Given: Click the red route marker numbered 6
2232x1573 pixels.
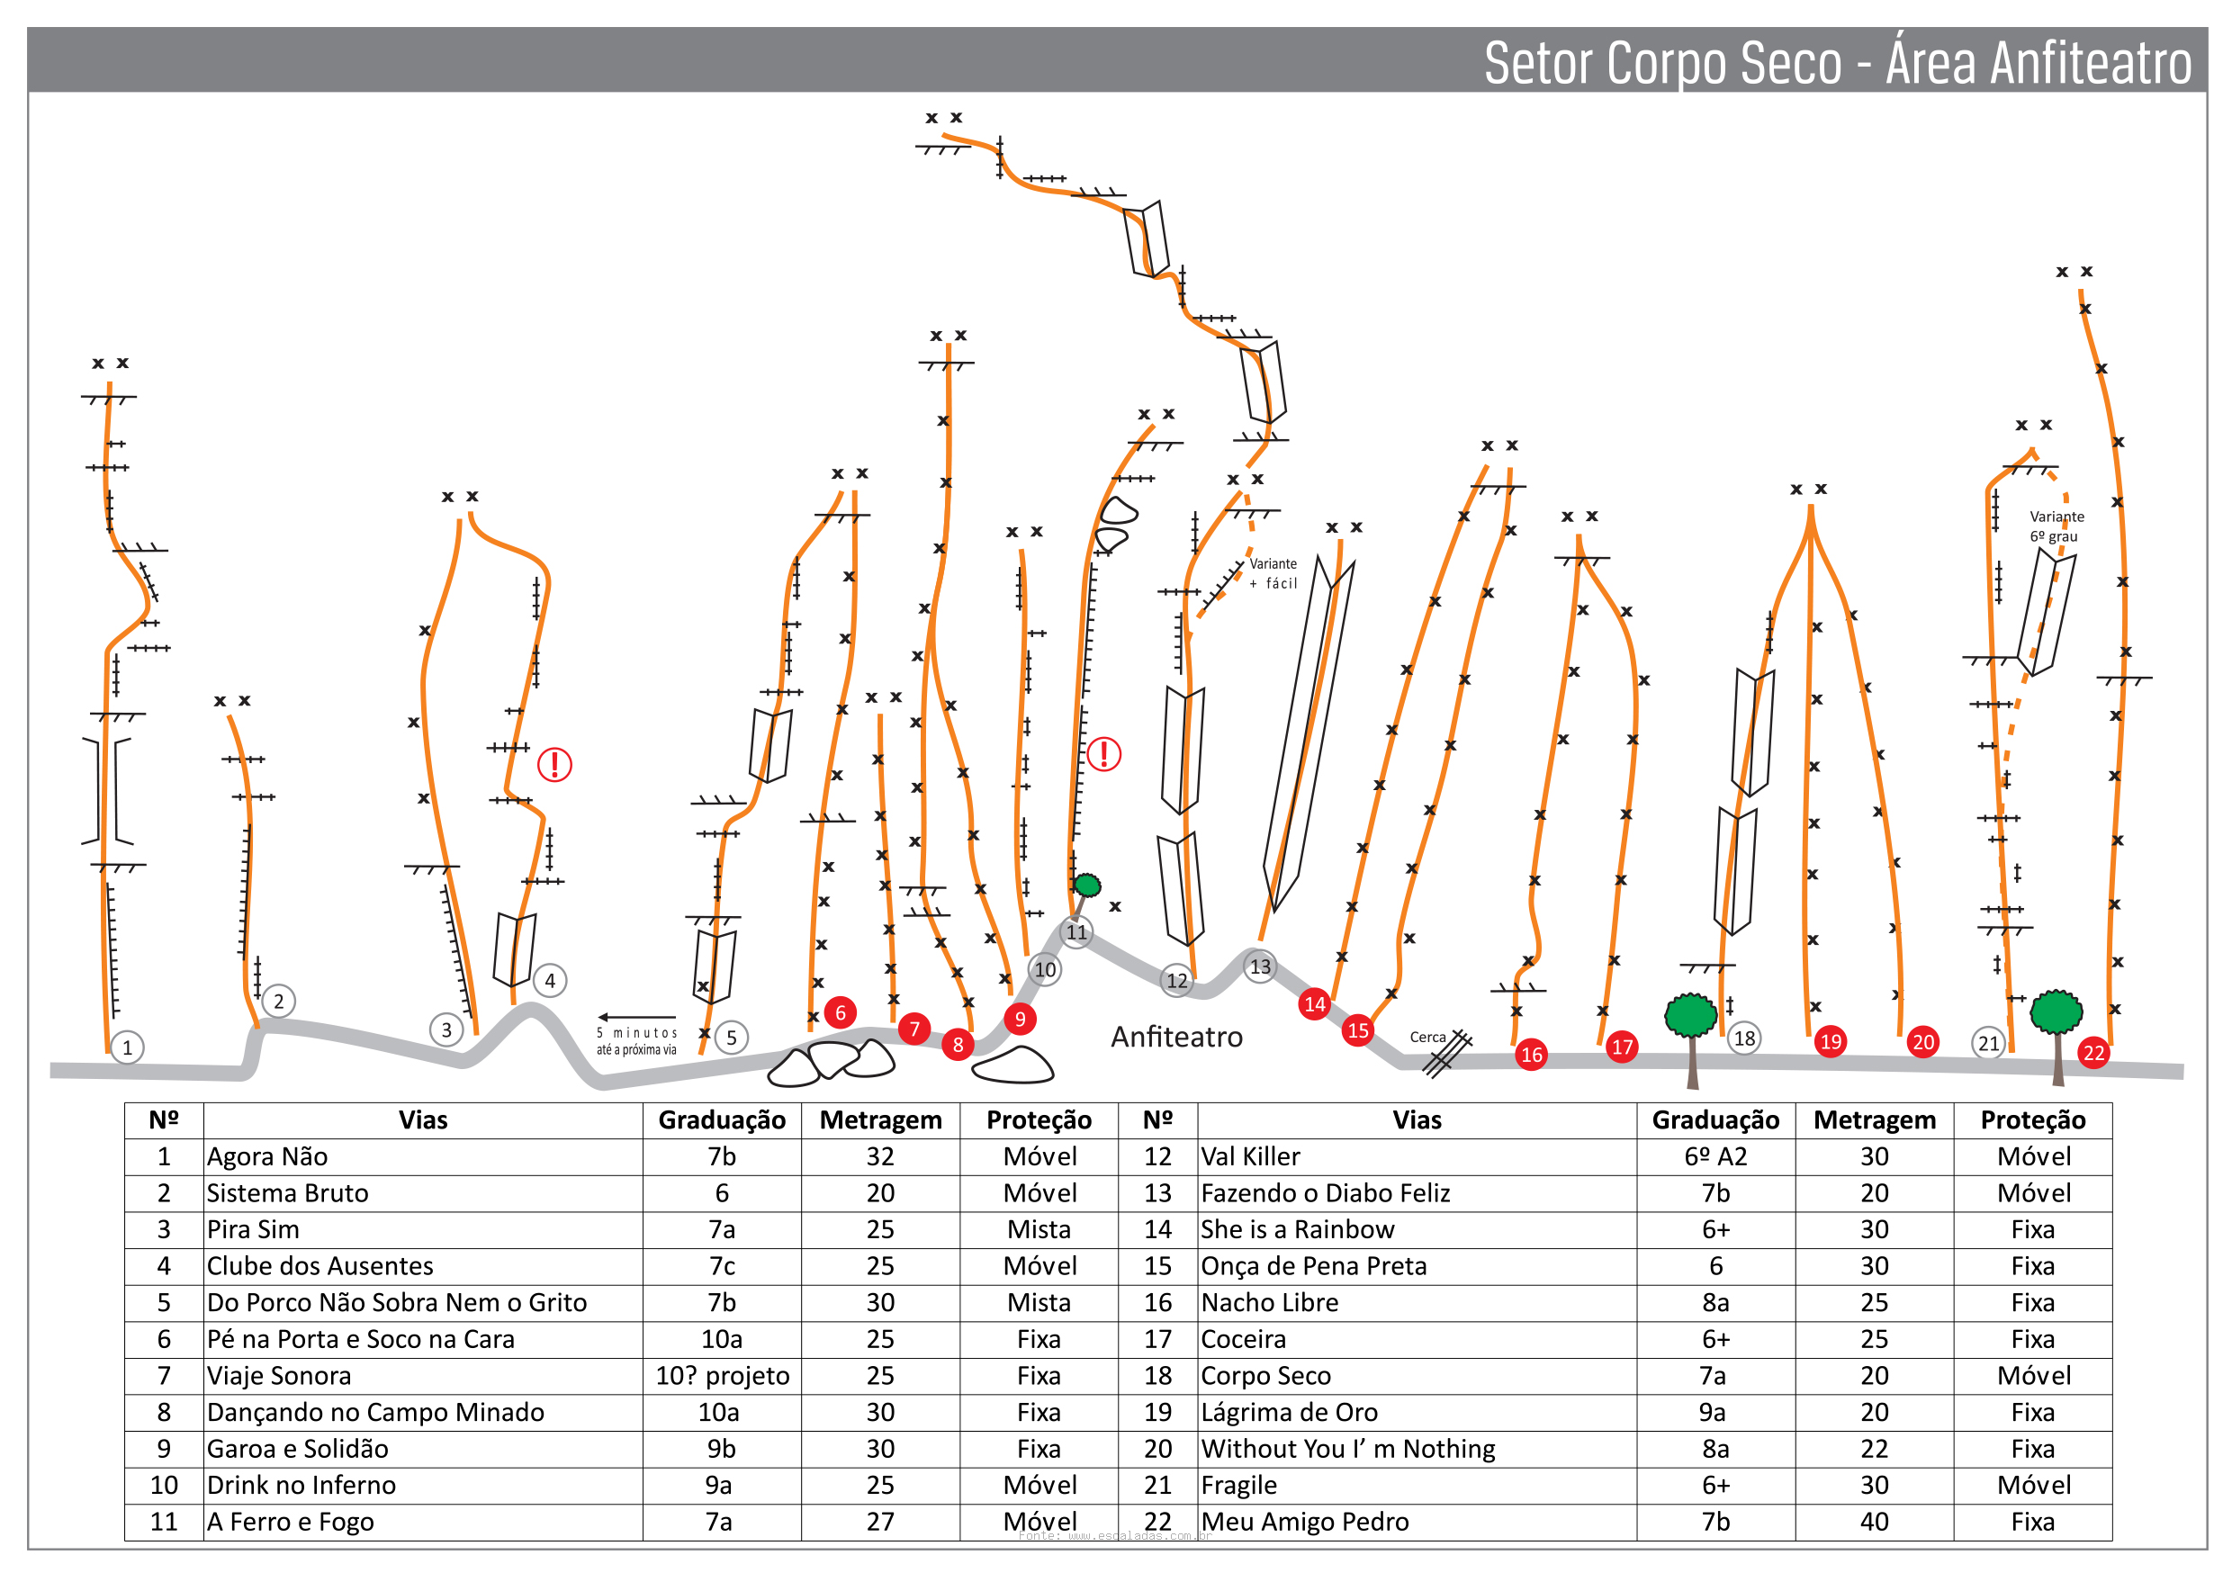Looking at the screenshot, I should (840, 1013).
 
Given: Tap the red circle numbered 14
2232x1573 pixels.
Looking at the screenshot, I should (1314, 1004).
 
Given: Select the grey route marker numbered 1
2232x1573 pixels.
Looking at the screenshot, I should (127, 1048).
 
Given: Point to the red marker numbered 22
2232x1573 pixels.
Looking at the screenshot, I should (2093, 1053).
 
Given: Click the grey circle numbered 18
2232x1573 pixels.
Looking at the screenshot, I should (1744, 1038).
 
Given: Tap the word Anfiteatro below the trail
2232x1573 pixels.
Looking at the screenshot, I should (1176, 1038).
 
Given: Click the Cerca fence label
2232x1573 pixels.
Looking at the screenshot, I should (1427, 1038).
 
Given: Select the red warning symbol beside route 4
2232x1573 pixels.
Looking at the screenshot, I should (554, 765).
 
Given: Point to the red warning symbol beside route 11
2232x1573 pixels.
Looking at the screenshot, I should (1103, 754).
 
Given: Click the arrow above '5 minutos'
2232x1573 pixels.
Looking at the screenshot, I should (636, 1018).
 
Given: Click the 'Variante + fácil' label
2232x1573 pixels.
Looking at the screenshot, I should (1273, 573).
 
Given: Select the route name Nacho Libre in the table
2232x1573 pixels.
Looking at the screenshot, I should (1270, 1303).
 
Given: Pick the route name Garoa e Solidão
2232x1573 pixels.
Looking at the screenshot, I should (298, 1449).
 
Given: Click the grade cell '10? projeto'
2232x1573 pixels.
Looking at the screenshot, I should (723, 1376).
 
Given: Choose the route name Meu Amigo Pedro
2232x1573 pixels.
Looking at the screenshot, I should (1305, 1522).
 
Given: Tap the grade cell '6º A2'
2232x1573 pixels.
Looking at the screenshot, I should (1715, 1157).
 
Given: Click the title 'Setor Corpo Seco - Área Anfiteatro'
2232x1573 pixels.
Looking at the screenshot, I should (1836, 62).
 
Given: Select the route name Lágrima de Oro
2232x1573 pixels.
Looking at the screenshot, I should (1289, 1412).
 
